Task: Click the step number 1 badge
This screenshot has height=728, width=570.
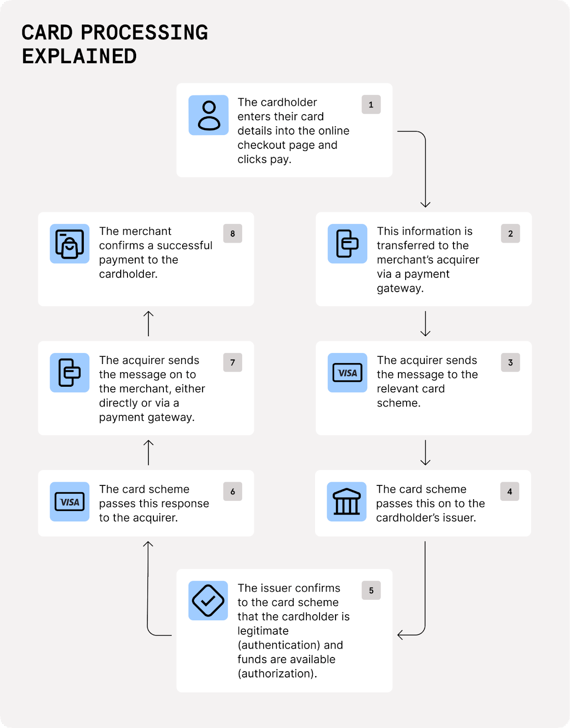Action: [371, 105]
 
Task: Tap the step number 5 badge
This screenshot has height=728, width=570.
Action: [371, 590]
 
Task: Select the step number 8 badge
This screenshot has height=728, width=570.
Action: [233, 233]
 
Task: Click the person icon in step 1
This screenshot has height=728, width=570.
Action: [209, 115]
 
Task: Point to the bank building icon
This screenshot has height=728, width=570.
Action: [346, 501]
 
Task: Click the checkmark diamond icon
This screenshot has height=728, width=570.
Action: [208, 601]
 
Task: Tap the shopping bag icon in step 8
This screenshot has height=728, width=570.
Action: [70, 244]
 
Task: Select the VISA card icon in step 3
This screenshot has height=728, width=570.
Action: [347, 373]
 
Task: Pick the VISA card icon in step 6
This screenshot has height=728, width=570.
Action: [70, 501]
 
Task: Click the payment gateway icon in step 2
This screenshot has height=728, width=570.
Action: [347, 244]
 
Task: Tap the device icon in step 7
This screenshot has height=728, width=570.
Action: [70, 373]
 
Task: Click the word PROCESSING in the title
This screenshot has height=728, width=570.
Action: [144, 33]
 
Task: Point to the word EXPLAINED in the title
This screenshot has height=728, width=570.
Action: [79, 57]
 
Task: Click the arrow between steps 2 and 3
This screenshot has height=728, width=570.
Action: [425, 324]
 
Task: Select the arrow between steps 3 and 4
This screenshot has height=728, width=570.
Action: [425, 452]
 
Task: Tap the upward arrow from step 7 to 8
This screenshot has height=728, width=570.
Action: [148, 324]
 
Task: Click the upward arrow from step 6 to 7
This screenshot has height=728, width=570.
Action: [148, 452]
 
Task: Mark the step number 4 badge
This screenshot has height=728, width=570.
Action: [509, 491]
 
